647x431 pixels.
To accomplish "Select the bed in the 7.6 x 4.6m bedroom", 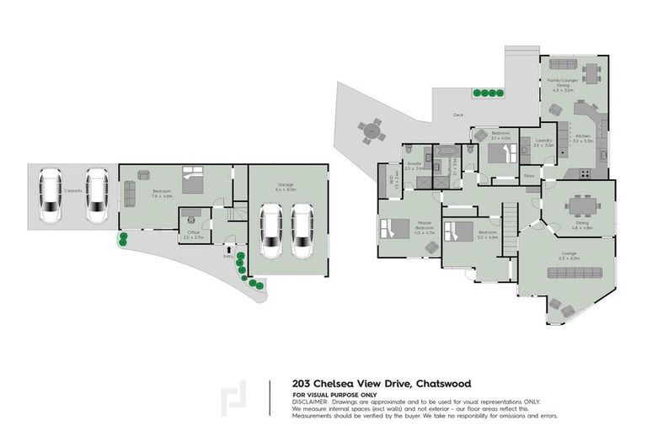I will click(192, 179).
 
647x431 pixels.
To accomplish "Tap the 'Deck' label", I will click(457, 114).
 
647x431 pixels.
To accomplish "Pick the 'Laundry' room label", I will click(543, 141).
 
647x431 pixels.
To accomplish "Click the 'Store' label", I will click(529, 175).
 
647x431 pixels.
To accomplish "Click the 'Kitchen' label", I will click(584, 136).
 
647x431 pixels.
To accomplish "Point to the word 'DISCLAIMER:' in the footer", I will click(311, 402).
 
